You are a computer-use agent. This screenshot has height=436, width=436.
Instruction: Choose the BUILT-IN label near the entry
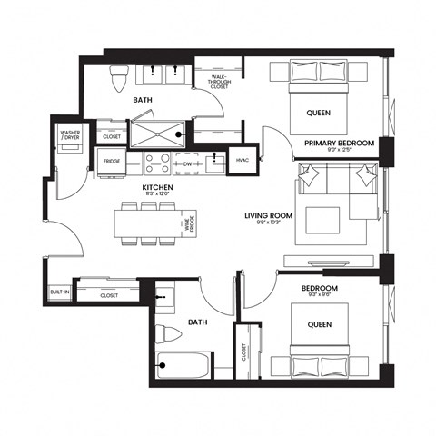(57, 292)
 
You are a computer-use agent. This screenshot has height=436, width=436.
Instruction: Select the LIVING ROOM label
(266, 217)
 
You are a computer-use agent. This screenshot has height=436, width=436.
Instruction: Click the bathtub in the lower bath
(183, 367)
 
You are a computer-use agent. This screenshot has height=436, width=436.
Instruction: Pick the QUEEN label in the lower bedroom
(316, 324)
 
